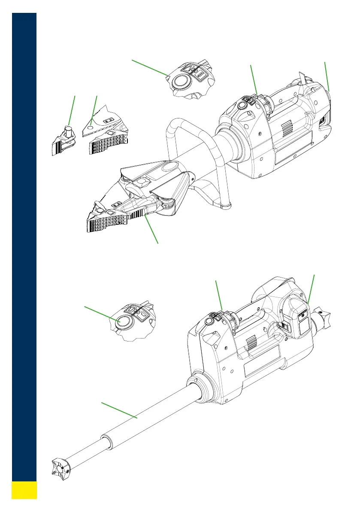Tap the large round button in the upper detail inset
tap(181, 81)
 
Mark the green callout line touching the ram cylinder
tap(119, 410)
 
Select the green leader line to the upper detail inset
tap(149, 68)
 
